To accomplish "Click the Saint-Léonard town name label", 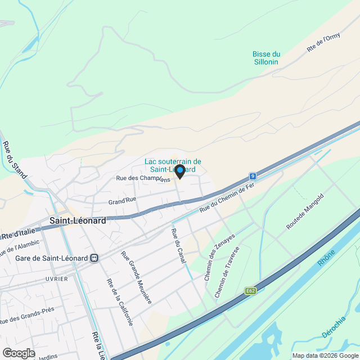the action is point(77,221).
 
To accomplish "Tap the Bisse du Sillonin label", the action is point(266,58).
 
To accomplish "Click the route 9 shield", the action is point(254,176).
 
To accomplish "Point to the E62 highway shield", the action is point(251,291).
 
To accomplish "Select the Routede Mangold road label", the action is point(305,211).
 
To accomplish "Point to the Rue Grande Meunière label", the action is point(136,277).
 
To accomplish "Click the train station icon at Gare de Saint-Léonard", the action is point(94,258).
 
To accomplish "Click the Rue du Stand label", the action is point(15,160).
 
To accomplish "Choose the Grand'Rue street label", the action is point(123,200).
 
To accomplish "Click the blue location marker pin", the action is point(179,171).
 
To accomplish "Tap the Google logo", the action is point(19,353).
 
